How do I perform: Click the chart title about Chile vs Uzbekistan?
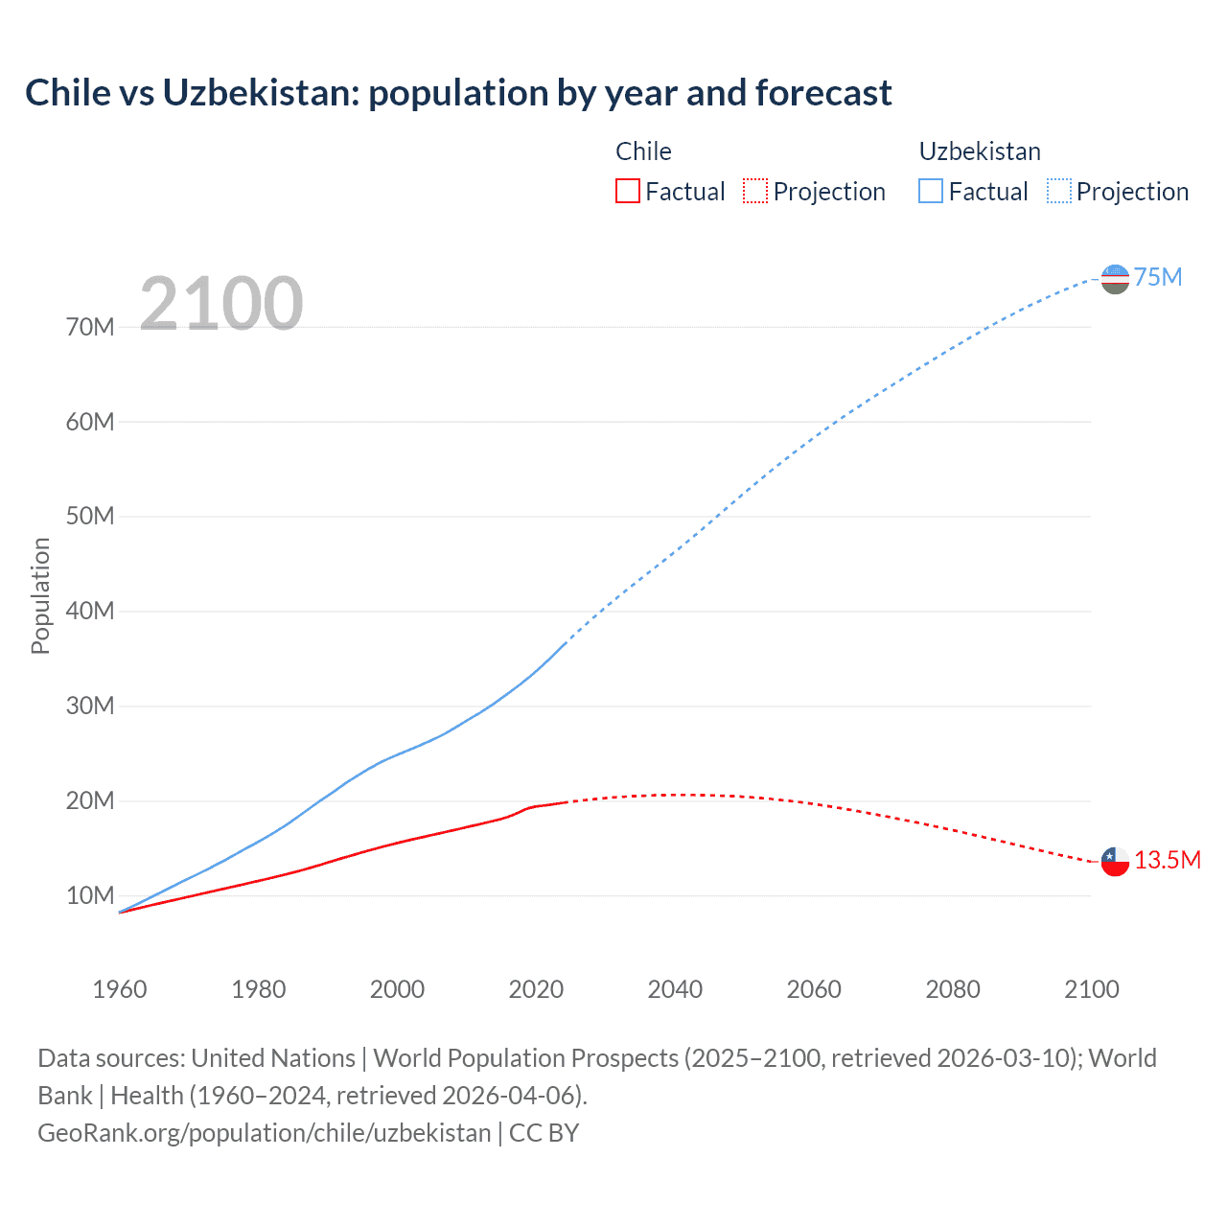pyautogui.click(x=458, y=93)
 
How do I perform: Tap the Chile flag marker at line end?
pyautogui.click(x=1115, y=861)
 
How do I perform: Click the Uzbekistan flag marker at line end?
pyautogui.click(x=1115, y=279)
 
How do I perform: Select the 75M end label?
pyautogui.click(x=1158, y=277)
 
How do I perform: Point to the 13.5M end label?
pyautogui.click(x=1168, y=860)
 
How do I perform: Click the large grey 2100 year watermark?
pyautogui.click(x=221, y=304)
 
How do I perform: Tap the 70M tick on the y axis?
pyautogui.click(x=90, y=327)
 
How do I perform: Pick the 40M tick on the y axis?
pyautogui.click(x=90, y=611)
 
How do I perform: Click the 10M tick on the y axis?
pyautogui.click(x=90, y=895)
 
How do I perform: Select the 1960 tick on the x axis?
pyautogui.click(x=120, y=989)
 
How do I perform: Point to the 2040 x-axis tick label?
pyautogui.click(x=675, y=989)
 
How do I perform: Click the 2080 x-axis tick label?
pyautogui.click(x=953, y=989)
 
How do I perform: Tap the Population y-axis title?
pyautogui.click(x=40, y=595)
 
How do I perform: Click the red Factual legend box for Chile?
pyautogui.click(x=627, y=191)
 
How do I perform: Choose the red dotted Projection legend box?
pyautogui.click(x=755, y=191)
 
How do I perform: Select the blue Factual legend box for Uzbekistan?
pyautogui.click(x=931, y=191)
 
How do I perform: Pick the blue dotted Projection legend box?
pyautogui.click(x=1059, y=191)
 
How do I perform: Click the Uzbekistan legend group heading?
pyautogui.click(x=980, y=151)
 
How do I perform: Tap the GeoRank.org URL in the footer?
pyautogui.click(x=264, y=1132)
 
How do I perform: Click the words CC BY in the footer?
pyautogui.click(x=544, y=1132)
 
